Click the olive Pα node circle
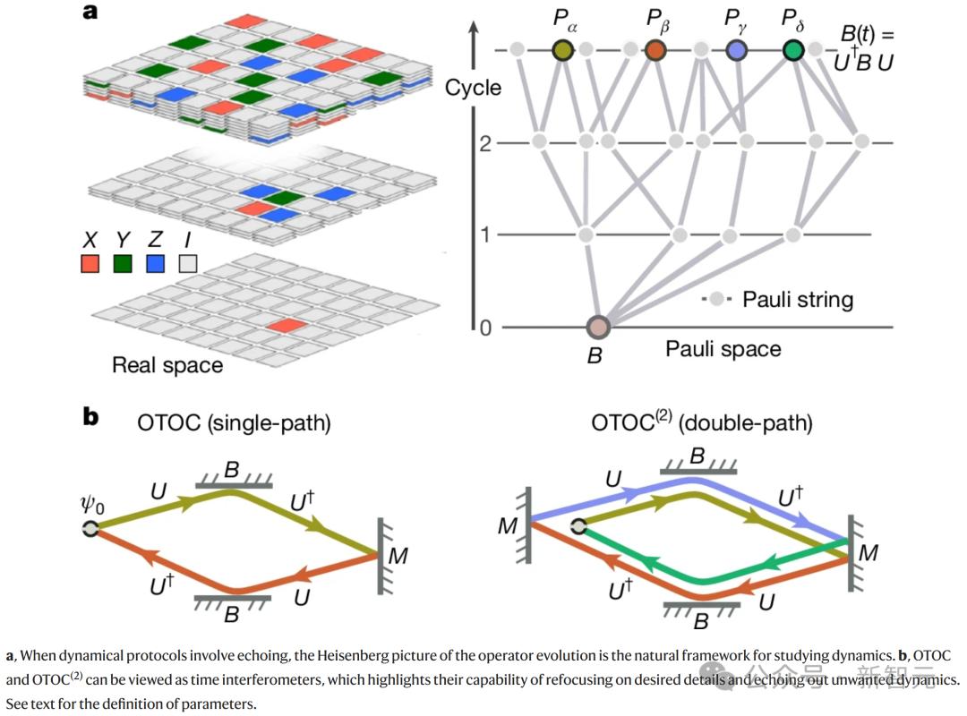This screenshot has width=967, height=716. (x=562, y=50)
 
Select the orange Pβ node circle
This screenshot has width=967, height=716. (x=656, y=50)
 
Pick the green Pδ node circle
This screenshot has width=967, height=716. (x=792, y=50)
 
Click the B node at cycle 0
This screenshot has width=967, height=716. (x=597, y=328)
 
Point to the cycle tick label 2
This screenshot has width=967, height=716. (x=484, y=143)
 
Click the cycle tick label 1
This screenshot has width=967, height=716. (x=484, y=235)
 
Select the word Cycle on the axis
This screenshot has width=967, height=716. (x=473, y=88)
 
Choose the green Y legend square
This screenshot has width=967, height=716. (x=124, y=264)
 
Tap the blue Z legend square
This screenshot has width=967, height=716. (x=154, y=264)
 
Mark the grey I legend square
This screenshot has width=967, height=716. (x=186, y=264)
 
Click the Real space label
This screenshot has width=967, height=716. (x=167, y=365)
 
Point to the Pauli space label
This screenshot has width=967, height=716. (x=723, y=349)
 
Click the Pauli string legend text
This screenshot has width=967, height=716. (x=798, y=300)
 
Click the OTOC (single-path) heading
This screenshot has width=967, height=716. (x=234, y=423)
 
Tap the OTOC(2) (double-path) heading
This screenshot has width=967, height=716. (x=702, y=422)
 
